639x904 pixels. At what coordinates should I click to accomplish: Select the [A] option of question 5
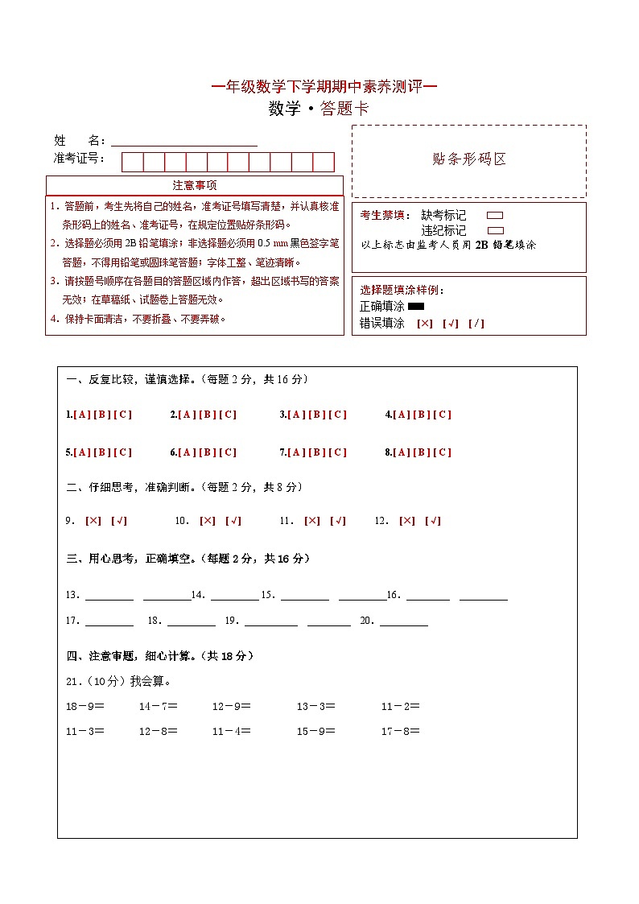click(x=80, y=452)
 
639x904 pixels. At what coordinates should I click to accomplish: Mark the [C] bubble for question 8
click(x=443, y=452)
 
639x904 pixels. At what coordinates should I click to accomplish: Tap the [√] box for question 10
click(x=233, y=521)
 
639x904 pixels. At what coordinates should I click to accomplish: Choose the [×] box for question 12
click(x=407, y=521)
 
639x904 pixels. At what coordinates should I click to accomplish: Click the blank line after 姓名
click(x=184, y=142)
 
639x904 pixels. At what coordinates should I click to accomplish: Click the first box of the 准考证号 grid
click(x=132, y=162)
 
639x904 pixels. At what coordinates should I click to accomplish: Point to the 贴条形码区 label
click(x=469, y=159)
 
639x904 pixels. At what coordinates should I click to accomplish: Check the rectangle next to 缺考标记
click(x=495, y=216)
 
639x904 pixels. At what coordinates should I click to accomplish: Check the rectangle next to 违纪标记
click(x=495, y=230)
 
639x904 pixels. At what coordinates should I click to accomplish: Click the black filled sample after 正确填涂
click(x=416, y=307)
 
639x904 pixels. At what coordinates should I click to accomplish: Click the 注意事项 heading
click(x=195, y=186)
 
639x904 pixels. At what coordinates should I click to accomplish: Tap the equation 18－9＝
click(x=85, y=707)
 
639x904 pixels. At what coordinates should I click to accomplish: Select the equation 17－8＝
click(x=400, y=732)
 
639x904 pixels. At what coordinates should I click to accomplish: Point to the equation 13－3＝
click(x=315, y=707)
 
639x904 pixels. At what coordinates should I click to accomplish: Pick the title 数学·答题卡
click(x=319, y=109)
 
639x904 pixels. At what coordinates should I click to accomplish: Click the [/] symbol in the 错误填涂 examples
click(x=476, y=324)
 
